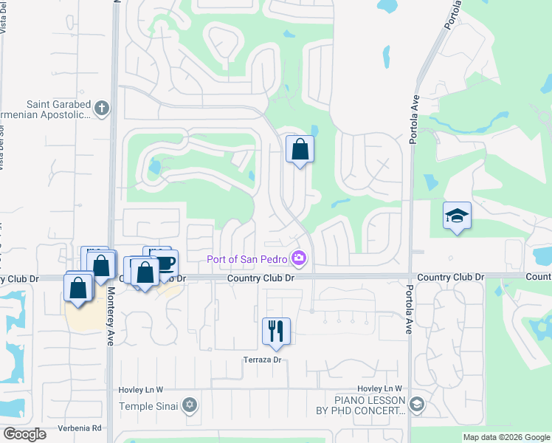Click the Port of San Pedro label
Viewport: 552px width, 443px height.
[248, 258]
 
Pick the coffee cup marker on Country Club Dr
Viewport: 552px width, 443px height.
[165, 263]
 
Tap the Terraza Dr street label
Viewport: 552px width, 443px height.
[263, 360]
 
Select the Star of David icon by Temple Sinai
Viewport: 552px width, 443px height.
[190, 405]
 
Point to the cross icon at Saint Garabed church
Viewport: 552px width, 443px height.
[102, 109]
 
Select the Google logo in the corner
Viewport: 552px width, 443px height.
[24, 434]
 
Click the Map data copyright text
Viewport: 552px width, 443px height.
[507, 438]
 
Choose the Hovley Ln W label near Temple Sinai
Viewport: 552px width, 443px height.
[140, 389]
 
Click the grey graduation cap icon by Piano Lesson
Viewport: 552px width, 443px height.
[417, 405]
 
